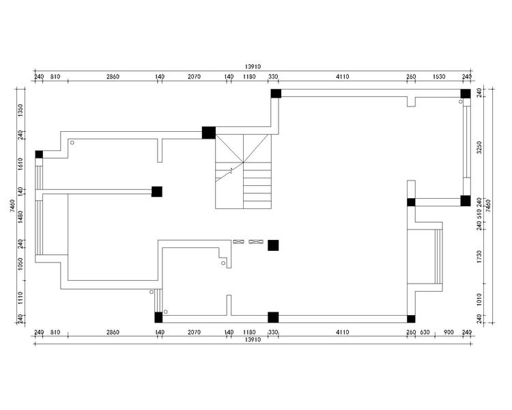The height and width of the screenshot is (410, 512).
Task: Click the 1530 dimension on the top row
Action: pyautogui.click(x=439, y=77)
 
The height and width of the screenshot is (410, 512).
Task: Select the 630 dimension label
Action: pyautogui.click(x=425, y=332)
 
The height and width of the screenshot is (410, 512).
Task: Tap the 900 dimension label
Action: pyautogui.click(x=449, y=332)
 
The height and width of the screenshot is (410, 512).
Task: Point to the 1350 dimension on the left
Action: pyautogui.click(x=20, y=110)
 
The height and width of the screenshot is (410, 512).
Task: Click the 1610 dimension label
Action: pyautogui.click(x=20, y=164)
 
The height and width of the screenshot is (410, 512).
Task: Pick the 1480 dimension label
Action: pyautogui.click(x=20, y=217)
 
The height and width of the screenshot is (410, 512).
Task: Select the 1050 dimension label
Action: pyautogui.click(x=20, y=264)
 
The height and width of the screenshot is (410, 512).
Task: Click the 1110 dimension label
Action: pyautogui.click(x=20, y=298)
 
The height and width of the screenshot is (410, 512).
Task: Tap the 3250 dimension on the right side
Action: pyautogui.click(x=479, y=148)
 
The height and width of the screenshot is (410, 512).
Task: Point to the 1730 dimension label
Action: pyautogui.click(x=479, y=257)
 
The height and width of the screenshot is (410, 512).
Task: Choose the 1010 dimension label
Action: pyautogui.click(x=479, y=299)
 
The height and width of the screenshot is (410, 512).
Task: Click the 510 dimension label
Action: pyautogui.click(x=479, y=214)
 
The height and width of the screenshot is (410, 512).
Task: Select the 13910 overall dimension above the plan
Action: pyautogui.click(x=253, y=67)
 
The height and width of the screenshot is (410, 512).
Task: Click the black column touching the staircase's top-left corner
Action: pyautogui.click(x=209, y=133)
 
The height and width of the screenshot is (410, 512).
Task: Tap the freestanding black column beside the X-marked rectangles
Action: pyautogui.click(x=273, y=245)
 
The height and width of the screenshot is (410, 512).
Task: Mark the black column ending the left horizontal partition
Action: pyautogui.click(x=157, y=191)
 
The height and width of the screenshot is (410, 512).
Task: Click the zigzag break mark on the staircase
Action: pyautogui.click(x=231, y=171)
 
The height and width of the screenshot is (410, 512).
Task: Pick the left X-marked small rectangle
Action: pyautogui.click(x=238, y=242)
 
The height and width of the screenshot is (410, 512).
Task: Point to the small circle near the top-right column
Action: pyautogui.click(x=461, y=102)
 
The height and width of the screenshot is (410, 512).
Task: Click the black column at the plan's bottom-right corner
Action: pyautogui.click(x=411, y=319)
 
